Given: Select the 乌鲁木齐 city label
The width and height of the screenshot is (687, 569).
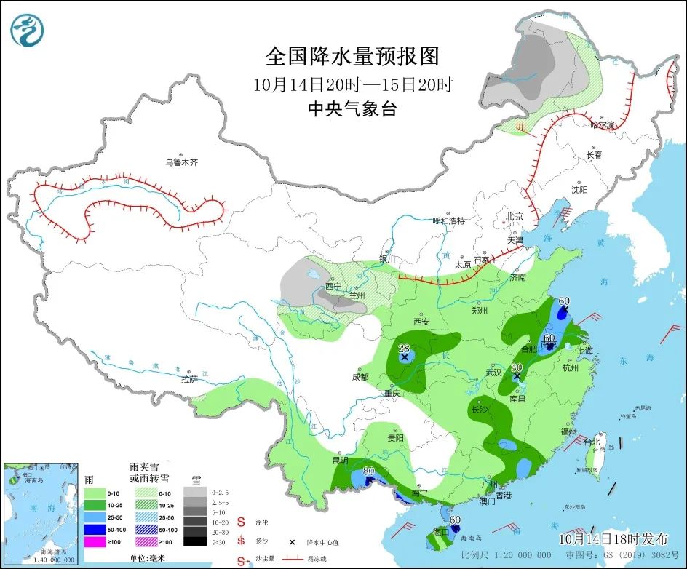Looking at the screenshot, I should pos(180,162).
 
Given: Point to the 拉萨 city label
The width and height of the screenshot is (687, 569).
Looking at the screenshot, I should pos(189,379).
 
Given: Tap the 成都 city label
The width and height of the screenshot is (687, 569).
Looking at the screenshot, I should pos(360,377).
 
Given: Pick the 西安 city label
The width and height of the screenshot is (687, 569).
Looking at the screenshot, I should pos(421,322).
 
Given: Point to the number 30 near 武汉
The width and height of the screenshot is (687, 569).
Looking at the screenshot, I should pos(517,367).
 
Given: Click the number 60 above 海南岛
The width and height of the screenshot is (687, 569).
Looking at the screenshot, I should pos(456,520).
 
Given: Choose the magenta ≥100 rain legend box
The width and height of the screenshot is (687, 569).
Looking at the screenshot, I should pos(95,541).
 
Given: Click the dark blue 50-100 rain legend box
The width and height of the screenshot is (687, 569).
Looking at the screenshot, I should pos(95,530).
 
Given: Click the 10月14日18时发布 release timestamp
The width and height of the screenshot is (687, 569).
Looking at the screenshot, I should pos(613,539).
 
